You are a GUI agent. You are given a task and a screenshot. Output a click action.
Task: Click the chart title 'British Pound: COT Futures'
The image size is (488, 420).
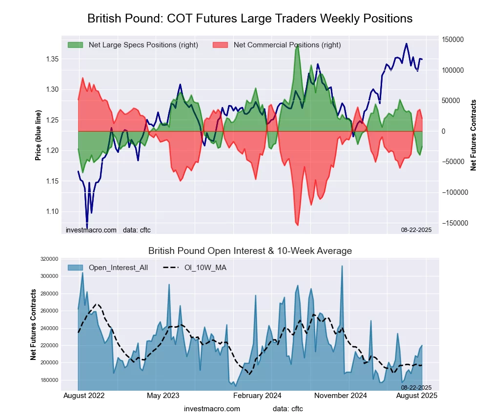(250, 19)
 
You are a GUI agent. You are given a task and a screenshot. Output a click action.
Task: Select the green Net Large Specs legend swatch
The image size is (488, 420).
(75, 45)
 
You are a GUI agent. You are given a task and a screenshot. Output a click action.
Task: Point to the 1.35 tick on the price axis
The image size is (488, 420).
(51, 59)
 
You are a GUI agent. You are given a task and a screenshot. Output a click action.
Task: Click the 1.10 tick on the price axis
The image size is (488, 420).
(51, 211)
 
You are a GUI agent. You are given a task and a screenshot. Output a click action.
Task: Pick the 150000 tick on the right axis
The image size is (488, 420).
(453, 40)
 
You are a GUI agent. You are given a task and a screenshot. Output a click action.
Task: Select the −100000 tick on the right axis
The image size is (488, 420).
(455, 192)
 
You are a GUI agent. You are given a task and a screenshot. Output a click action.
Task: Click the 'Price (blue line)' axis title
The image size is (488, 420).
(38, 136)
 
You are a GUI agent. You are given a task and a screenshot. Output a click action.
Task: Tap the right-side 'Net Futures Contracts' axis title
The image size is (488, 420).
(473, 135)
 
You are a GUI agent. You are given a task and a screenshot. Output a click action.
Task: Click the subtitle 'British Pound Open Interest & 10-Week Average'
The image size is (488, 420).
(250, 251)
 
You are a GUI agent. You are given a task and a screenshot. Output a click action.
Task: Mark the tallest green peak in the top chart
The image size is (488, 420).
(297, 44)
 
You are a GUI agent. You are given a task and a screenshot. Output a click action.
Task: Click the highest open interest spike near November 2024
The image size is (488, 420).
(342, 266)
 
